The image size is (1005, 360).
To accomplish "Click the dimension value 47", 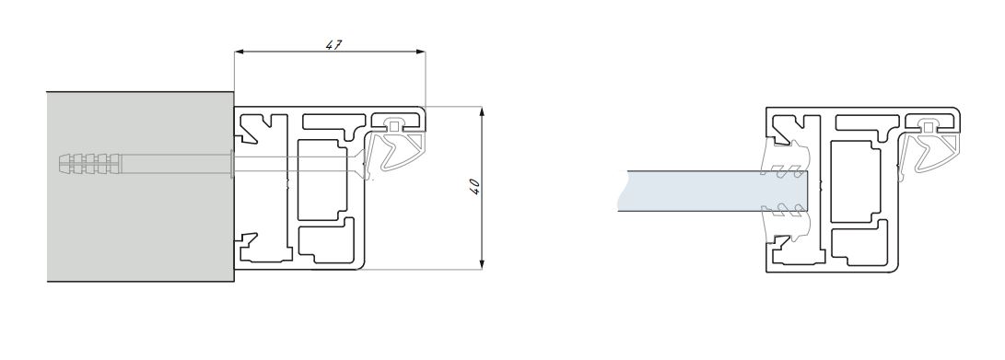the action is click(333, 45).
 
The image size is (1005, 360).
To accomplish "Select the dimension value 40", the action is click(475, 187).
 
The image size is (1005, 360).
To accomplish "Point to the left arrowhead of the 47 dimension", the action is click(240, 52).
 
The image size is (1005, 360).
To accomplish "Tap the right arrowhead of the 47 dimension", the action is click(420, 52).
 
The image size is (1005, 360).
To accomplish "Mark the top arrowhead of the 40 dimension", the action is click(482, 112).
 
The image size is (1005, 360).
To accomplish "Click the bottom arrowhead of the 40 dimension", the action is click(482, 263).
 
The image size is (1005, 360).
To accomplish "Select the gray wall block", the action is click(140, 186).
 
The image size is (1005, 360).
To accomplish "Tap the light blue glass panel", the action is click(712, 191).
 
